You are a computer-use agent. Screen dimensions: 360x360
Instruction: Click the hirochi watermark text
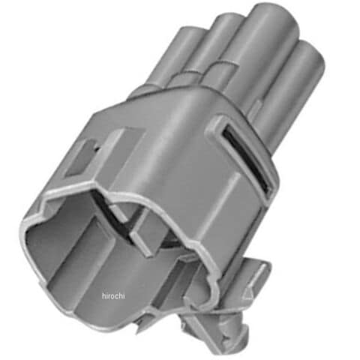(x=113, y=296)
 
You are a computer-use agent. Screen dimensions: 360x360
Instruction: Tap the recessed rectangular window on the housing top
(x=81, y=159)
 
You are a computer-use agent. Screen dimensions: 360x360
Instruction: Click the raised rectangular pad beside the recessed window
(x=122, y=152)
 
